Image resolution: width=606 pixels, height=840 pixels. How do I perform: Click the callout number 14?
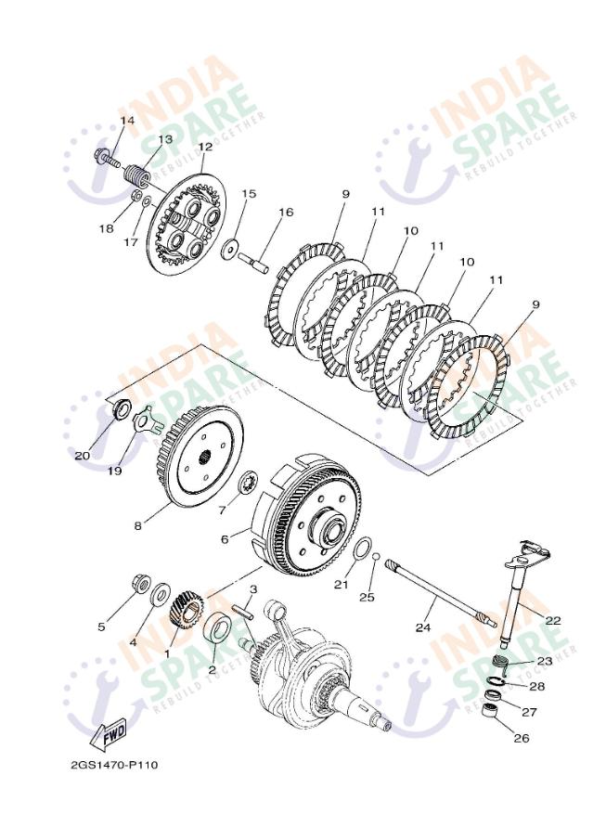(127, 121)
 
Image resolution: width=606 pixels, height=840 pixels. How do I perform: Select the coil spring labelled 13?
(135, 174)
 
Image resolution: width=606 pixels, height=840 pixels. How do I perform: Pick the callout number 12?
(205, 147)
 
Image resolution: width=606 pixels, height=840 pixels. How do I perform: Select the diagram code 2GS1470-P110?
(115, 765)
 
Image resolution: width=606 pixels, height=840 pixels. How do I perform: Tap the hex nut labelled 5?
(141, 584)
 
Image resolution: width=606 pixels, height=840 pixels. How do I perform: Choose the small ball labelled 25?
(376, 556)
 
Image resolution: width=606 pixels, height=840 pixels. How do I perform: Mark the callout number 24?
(423, 627)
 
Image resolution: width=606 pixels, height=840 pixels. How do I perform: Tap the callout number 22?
(553, 620)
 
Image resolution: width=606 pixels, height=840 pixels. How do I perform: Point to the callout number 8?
(138, 525)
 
